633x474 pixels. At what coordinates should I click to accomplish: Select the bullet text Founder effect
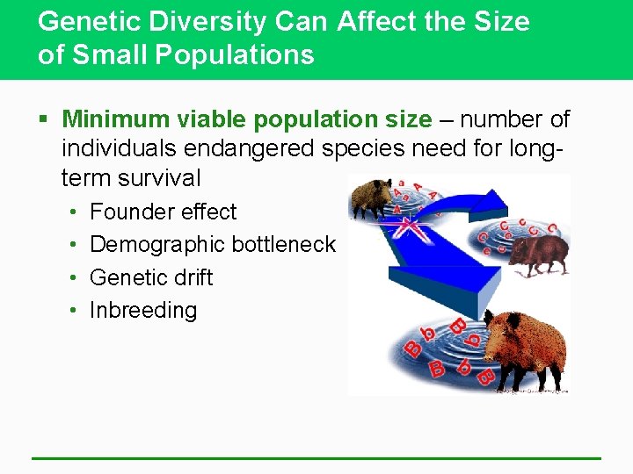[164, 212]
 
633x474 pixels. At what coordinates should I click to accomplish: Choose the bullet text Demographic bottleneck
[213, 244]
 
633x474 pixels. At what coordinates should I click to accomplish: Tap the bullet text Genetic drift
[151, 277]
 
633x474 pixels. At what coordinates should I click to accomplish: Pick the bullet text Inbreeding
[143, 310]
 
